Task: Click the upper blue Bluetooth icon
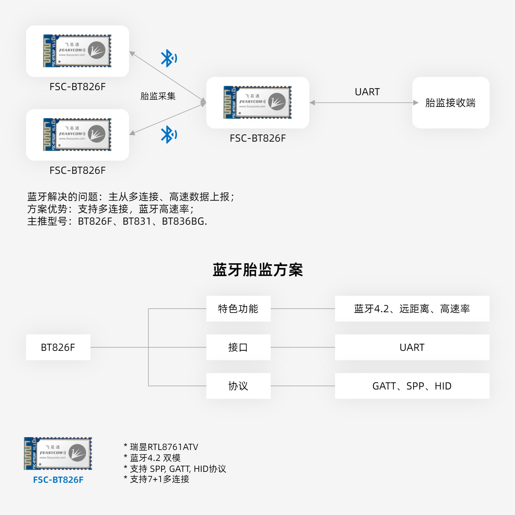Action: pos(168,58)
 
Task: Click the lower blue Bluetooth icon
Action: pos(168,135)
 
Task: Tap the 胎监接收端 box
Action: pos(451,103)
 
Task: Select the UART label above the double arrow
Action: pos(367,92)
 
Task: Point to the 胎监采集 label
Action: pos(158,96)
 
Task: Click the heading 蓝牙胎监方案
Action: pos(257,270)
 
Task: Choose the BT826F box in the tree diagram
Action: pos(58,347)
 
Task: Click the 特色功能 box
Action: pos(238,309)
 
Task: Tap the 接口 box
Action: pos(238,347)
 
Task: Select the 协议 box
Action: pos(238,386)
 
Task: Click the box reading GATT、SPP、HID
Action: pos(412,386)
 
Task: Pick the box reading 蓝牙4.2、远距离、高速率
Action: pos(412,309)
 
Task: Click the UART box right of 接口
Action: pos(412,347)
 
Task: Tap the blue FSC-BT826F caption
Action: pos(58,480)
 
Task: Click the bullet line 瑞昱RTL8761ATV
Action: pos(164,447)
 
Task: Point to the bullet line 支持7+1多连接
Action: pos(160,479)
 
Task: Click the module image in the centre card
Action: pos(257,102)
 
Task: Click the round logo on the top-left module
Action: pos(97,50)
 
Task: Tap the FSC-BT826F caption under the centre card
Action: pos(257,138)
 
